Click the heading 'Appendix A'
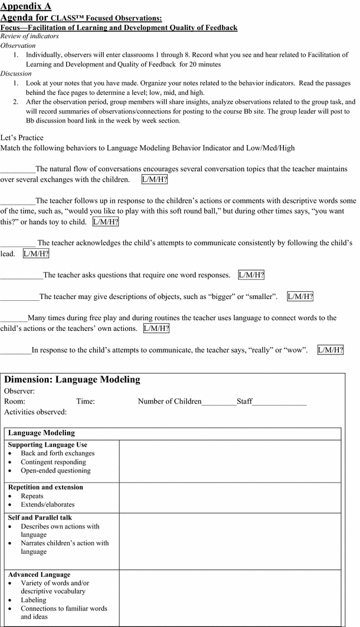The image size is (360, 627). (26, 6)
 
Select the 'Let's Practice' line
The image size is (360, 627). (22, 138)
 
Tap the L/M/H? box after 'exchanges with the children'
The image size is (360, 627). (155, 179)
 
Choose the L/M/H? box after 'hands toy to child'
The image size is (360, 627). (106, 222)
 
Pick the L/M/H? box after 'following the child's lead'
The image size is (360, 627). (36, 254)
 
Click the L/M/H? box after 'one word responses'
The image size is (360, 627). (251, 275)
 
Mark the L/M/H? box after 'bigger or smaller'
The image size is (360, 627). (300, 297)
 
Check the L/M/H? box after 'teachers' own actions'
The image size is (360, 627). (156, 329)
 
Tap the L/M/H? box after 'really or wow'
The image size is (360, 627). (330, 350)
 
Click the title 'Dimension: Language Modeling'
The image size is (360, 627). (72, 380)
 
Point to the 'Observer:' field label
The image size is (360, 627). (19, 391)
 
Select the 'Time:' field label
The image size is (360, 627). (86, 402)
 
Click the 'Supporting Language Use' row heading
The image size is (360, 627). (48, 445)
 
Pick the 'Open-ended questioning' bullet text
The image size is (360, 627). (55, 471)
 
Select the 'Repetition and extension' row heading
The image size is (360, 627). (45, 487)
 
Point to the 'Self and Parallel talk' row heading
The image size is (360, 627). (40, 518)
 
